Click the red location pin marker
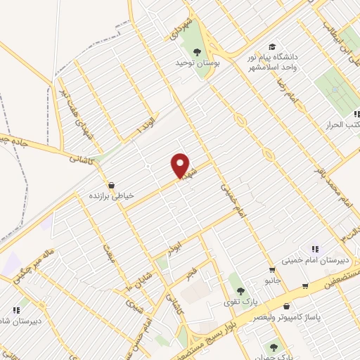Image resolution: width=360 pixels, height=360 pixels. tap(181, 165)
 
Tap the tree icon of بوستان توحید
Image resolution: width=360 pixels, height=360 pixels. tap(198, 51)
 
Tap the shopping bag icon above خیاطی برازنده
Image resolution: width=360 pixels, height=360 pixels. tap(112, 186)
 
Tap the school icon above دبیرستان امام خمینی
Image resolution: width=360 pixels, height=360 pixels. tap(315, 249)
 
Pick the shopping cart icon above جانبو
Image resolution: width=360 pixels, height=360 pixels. tap(271, 270)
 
